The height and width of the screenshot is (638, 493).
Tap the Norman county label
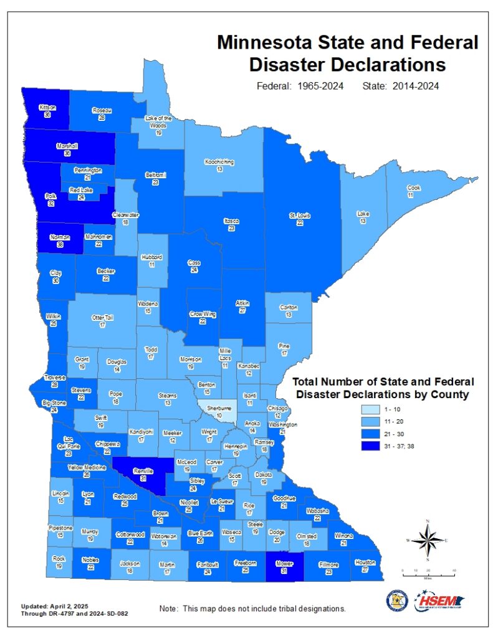click(x=60, y=237)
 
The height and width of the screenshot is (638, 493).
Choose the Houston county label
click(x=365, y=563)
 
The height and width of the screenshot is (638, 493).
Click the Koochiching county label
click(x=219, y=162)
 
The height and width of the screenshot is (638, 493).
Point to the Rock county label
click(x=59, y=559)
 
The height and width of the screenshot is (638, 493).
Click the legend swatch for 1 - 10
click(x=370, y=410)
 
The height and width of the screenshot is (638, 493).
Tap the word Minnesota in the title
click(x=269, y=43)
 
